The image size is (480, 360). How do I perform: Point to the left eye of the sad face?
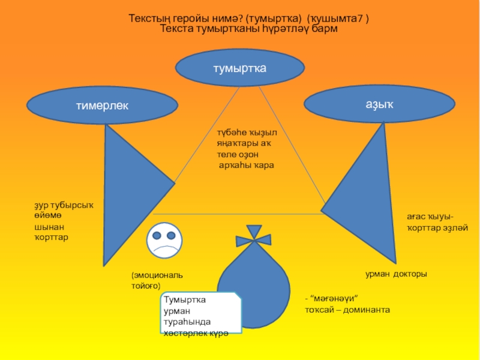coord(157,233)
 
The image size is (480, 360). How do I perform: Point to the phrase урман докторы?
coord(396,274)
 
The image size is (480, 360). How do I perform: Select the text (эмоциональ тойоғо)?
coord(157,280)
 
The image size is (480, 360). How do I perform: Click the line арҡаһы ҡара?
coord(246,164)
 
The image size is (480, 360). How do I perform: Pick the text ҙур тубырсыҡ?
coord(64,206)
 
